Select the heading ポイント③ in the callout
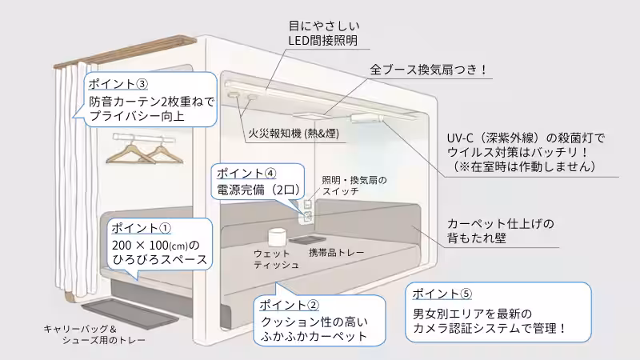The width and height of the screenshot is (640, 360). (118, 83)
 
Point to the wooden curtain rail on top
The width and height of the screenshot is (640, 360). (128, 53)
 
